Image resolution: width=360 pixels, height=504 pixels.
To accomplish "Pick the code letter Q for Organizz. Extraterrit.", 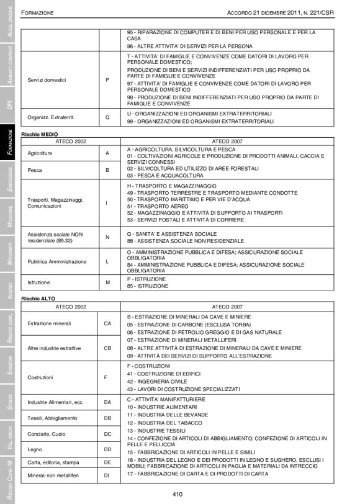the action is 107,117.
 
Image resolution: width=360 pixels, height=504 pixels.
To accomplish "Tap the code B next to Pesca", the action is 107,169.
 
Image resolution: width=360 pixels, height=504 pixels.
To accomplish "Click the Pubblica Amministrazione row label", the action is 58,262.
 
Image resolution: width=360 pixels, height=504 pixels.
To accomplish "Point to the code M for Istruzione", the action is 107,282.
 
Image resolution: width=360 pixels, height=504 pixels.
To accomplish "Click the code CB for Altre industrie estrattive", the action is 107,348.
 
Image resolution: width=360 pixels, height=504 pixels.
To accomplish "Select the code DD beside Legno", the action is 107,448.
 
